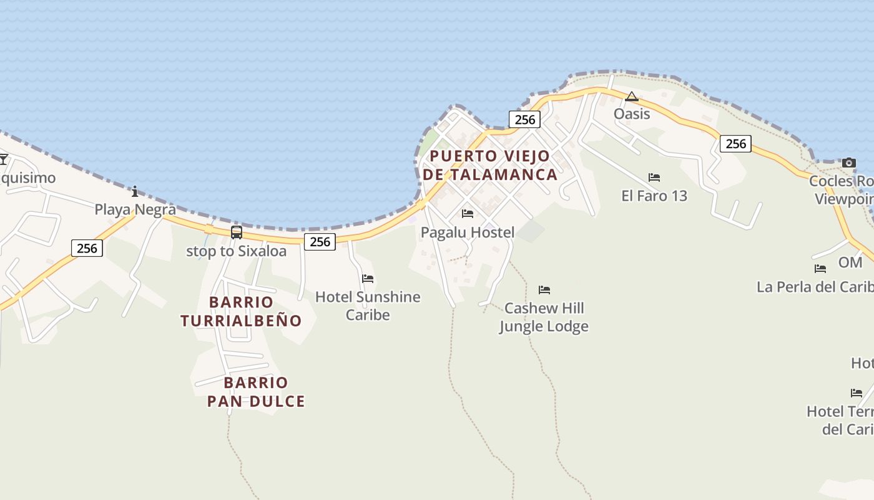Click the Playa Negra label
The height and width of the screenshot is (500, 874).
(135, 209)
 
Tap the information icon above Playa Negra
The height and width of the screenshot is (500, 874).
(135, 191)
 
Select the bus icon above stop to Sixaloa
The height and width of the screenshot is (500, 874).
(237, 232)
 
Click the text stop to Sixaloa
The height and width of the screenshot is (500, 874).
(237, 251)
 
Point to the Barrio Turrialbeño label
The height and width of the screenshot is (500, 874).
(241, 311)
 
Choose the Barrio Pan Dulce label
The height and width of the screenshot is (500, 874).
(256, 392)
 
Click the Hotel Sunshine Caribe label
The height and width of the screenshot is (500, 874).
(368, 306)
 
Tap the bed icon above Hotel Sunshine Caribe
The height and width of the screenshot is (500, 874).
(368, 278)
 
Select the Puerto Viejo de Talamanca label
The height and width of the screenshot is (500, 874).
(490, 165)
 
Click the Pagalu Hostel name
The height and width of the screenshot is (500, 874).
(468, 232)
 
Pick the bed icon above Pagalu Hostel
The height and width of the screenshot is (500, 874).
(468, 214)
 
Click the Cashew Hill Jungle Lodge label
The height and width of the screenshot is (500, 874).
(544, 317)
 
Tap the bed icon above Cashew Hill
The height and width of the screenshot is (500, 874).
(544, 290)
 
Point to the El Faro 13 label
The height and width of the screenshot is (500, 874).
(654, 196)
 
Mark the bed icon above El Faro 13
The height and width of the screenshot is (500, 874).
(654, 177)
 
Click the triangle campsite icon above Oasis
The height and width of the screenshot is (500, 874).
(632, 96)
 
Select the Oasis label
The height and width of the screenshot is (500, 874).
(632, 114)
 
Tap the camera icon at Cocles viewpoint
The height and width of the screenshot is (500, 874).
(848, 163)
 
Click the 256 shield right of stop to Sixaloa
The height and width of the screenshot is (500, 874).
(320, 242)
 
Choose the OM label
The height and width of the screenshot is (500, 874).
(850, 262)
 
